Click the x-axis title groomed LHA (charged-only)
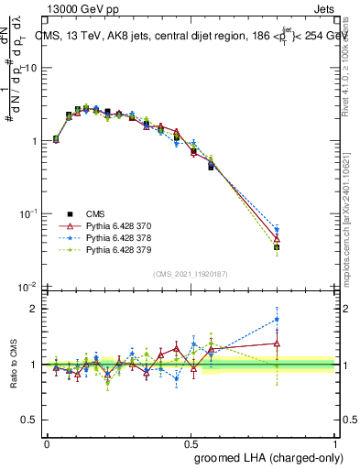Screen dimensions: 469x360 [285, 457]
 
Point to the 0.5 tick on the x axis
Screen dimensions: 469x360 [191, 442]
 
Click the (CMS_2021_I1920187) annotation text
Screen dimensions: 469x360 [190, 274]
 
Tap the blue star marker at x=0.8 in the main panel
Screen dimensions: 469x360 [278, 230]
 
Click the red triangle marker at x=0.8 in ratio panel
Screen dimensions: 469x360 [278, 344]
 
